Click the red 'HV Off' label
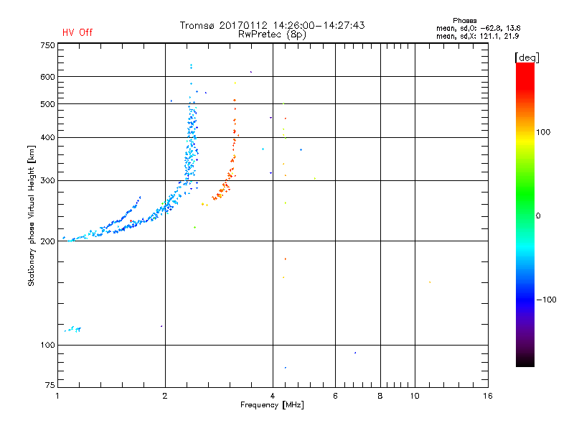coord(77,32)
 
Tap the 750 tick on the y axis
coord(47,45)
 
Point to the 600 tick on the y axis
coord(47,77)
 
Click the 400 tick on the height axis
coord(47,137)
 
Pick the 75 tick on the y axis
coord(49,386)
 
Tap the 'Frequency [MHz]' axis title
coord(273,406)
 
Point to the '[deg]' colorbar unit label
coord(527,57)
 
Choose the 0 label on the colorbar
coord(539,215)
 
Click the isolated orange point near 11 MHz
coord(430,282)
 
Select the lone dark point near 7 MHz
coord(354,353)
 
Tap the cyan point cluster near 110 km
coord(72,330)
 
